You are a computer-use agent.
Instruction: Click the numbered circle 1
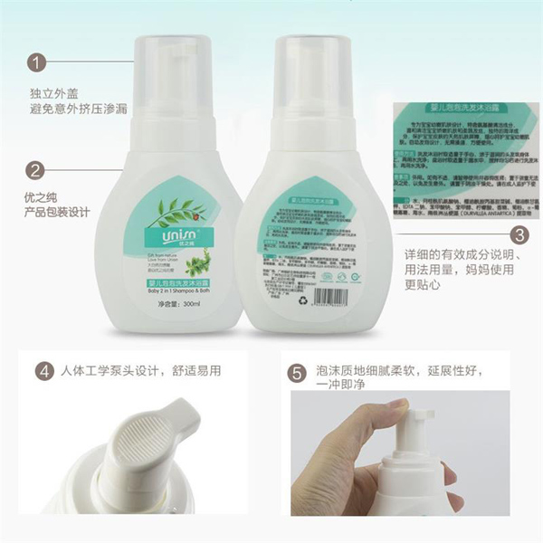click(x=35, y=62)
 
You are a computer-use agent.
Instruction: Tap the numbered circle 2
click(x=35, y=169)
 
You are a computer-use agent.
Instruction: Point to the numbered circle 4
click(x=43, y=371)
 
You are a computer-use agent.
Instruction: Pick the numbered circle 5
click(x=296, y=372)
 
